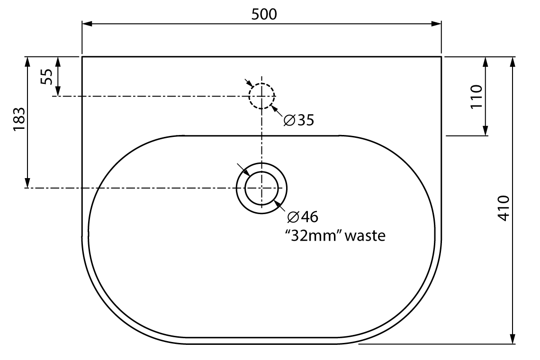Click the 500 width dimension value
click(x=263, y=15)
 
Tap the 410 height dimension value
click(x=504, y=207)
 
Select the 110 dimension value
click(x=476, y=96)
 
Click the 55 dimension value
click(x=46, y=76)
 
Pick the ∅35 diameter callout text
click(x=299, y=120)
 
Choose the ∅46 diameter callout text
click(x=303, y=217)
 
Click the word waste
click(x=365, y=235)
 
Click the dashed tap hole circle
click(x=261, y=96)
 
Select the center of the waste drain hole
click(x=261, y=188)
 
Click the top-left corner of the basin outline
click(x=82, y=57)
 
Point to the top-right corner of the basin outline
click(x=441, y=57)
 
